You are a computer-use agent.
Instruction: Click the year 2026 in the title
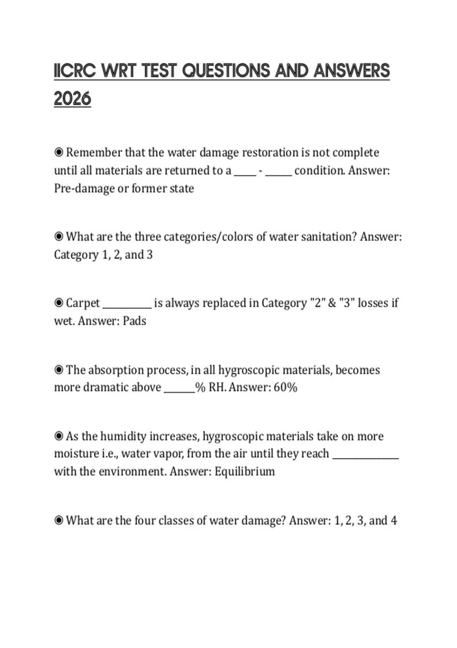[x=72, y=99]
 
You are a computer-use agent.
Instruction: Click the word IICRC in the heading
[x=74, y=71]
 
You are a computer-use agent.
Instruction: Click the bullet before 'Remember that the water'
[x=59, y=152]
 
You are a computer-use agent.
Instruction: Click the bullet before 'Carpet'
[x=59, y=303]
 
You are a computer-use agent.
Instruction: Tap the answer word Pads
[x=134, y=321]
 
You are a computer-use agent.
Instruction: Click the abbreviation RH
[x=217, y=387]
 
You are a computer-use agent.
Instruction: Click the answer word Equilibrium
[x=244, y=472]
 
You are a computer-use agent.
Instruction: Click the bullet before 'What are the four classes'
[x=59, y=520]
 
